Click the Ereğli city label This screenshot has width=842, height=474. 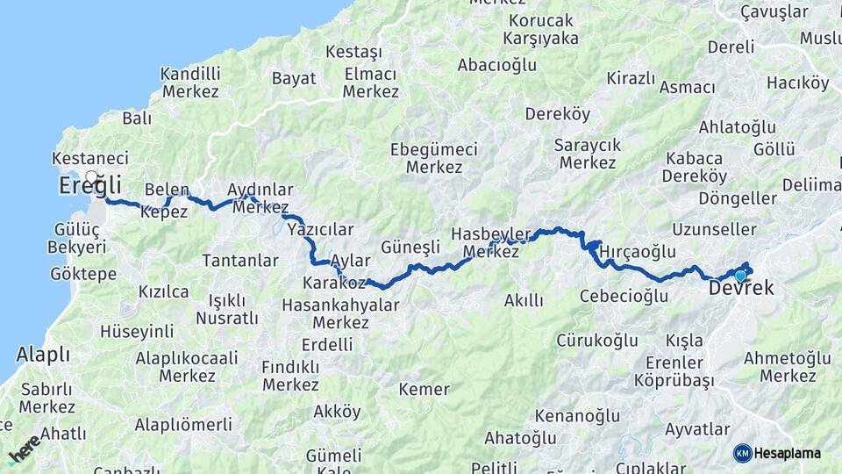89,187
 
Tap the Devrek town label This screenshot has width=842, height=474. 740,288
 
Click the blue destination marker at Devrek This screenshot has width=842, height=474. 740,276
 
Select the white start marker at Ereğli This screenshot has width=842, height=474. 91,177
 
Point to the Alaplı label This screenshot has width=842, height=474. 42,355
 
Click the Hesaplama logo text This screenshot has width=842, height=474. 788,453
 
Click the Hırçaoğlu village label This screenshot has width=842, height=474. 638,252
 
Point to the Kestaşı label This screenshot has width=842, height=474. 353,52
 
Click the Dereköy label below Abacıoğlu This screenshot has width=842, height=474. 558,113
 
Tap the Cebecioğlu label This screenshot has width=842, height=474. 624,296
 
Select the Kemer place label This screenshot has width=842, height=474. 424,389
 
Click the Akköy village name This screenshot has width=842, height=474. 337,411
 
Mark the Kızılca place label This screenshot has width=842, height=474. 163,291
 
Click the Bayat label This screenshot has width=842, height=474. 294,78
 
